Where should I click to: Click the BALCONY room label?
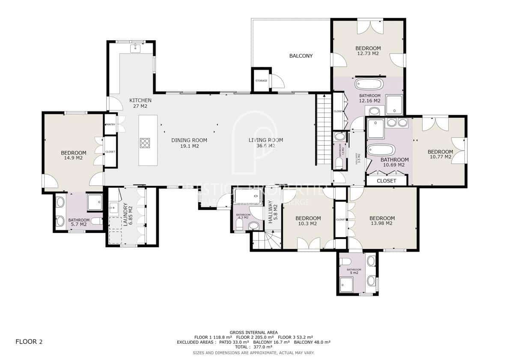[x=301, y=56]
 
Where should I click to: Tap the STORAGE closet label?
[x=261, y=80]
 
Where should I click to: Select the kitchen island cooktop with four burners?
[x=145, y=143]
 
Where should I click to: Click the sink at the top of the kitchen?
[x=136, y=48]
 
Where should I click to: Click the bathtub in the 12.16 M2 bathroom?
[x=369, y=84]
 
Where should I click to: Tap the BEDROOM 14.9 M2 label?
[x=73, y=155]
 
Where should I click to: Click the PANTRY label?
[x=110, y=125]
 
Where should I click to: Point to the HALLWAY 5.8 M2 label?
[x=273, y=211]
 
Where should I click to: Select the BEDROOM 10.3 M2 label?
[x=308, y=221]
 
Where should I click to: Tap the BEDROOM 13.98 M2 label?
[x=382, y=220]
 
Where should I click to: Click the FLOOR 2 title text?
[x=29, y=342]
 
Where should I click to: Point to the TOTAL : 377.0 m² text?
[x=254, y=347]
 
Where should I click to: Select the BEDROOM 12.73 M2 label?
[x=368, y=51]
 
